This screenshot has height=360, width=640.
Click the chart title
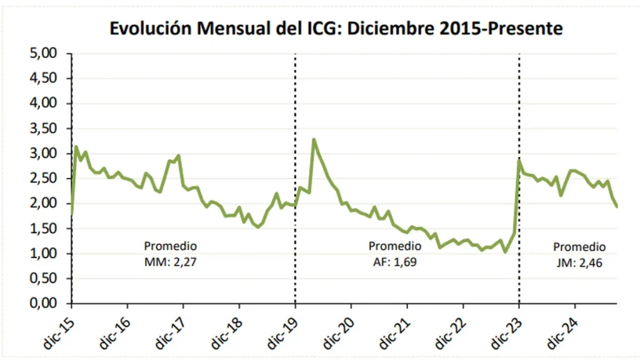pos(336,28)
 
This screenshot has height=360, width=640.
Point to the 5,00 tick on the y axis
pos(43,54)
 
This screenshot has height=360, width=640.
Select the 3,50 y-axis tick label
pos(43,129)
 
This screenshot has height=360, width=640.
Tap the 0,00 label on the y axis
pos(43,304)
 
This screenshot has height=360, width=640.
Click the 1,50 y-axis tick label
pos(43,229)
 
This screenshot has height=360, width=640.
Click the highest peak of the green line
pos(314,139)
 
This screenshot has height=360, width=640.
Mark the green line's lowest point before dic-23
pos(505,252)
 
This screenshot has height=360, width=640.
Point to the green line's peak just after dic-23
pos(519,161)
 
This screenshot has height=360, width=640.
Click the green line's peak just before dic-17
pos(179,156)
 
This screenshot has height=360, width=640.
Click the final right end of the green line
pos(617,207)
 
